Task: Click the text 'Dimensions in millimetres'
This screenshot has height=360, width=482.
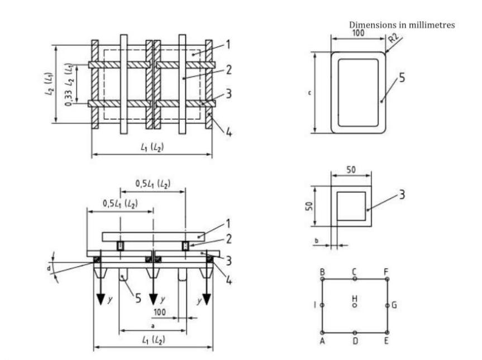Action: click(402, 25)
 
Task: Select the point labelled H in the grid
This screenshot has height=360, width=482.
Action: click(355, 306)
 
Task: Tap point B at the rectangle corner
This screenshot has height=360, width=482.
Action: click(323, 279)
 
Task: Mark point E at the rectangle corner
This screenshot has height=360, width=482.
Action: click(387, 333)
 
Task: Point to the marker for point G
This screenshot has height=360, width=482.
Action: click(387, 306)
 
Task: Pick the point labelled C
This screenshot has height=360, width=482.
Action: click(355, 279)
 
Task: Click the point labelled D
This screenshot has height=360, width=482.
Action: click(355, 333)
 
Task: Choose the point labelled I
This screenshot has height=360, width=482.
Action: click(323, 306)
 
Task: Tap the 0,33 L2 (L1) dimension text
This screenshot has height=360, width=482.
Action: click(68, 84)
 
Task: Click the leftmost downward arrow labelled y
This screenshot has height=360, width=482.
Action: click(101, 298)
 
